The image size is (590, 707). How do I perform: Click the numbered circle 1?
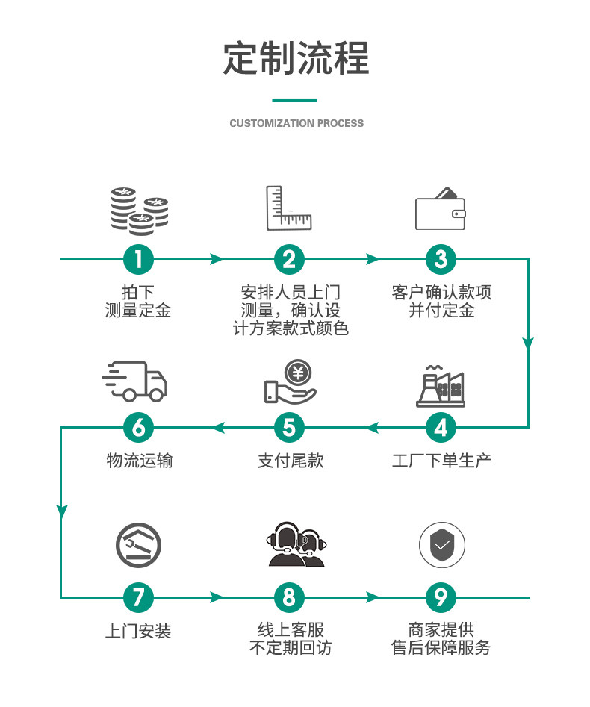point(138,259)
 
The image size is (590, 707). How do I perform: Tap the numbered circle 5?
point(289,428)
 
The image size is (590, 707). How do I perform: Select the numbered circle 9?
point(441,598)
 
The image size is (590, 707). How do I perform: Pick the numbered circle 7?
point(138,598)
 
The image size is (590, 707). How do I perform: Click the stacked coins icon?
point(140,211)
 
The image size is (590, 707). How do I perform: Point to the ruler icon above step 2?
point(289,208)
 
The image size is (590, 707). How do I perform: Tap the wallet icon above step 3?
point(440,209)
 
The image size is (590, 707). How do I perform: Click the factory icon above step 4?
point(441,386)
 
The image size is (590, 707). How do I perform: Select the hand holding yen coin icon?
point(291,381)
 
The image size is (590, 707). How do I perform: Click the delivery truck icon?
point(134,381)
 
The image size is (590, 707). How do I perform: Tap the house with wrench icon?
point(138,545)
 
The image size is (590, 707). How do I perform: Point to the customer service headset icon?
point(296,544)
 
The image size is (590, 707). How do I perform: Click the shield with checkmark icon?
point(442,545)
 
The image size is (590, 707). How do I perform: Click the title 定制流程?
point(296,57)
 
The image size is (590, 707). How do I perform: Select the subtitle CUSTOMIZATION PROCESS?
point(296,123)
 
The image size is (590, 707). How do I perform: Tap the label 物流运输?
point(140,461)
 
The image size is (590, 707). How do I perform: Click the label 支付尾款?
point(291,461)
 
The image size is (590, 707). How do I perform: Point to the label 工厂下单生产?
point(441,461)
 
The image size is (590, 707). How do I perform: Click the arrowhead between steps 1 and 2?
point(217,259)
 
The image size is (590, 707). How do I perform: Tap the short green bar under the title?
point(294,99)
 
